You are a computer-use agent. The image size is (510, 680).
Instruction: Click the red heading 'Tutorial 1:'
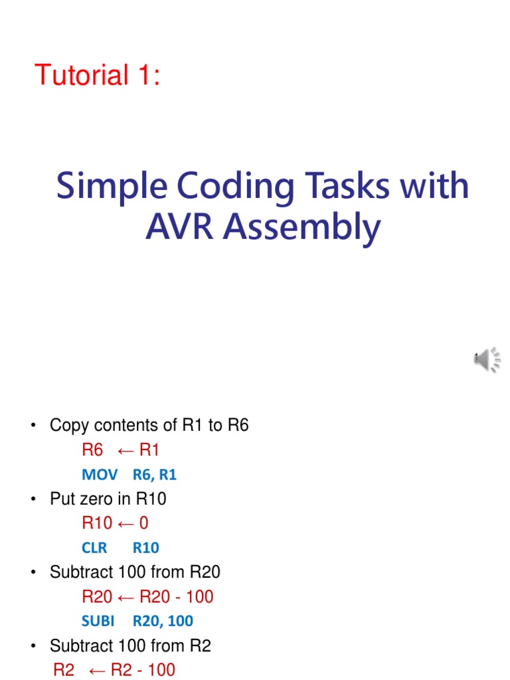point(98,76)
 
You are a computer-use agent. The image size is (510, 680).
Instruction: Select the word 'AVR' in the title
point(181,228)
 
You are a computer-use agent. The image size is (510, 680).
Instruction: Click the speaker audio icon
point(487,359)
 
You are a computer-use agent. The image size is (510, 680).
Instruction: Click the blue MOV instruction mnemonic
point(100,475)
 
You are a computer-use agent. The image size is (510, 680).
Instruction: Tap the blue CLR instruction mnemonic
point(94,548)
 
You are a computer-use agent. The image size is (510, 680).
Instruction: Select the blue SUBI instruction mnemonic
point(98,621)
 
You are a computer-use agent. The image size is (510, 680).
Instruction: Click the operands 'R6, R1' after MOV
point(155,475)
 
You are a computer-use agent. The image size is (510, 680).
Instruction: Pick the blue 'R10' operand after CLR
point(146,548)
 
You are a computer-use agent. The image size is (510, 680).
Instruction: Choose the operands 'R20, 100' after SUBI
point(163,621)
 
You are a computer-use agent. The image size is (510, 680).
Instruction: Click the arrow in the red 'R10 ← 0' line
point(125,523)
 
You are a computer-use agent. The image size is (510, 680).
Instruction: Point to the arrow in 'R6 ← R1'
point(126,450)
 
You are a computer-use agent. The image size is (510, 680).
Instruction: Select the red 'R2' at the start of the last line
point(64,669)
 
